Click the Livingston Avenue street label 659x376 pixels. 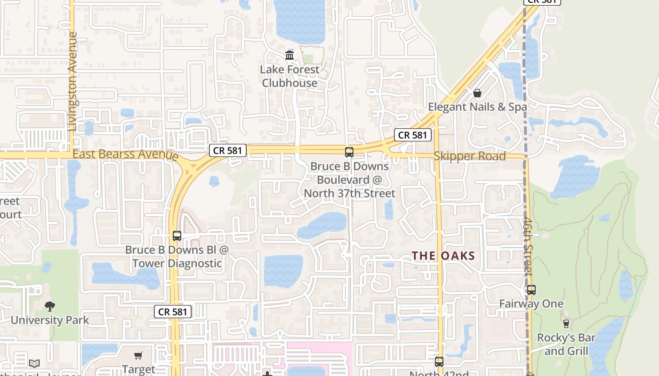click(x=72, y=81)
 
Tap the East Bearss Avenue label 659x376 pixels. click(x=125, y=154)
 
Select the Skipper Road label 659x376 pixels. click(x=470, y=156)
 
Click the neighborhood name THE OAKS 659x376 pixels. click(x=443, y=256)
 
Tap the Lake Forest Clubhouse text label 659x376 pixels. click(x=289, y=76)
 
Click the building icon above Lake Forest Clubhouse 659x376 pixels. click(x=289, y=56)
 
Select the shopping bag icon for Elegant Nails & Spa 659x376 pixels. click(x=477, y=93)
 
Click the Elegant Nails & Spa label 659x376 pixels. click(x=477, y=107)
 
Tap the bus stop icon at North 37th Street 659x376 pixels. click(x=349, y=152)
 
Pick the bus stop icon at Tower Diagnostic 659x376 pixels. click(x=177, y=236)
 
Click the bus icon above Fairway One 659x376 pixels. click(x=531, y=290)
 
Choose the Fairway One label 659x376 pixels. click(x=531, y=304)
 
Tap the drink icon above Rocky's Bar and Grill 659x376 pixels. click(x=566, y=323)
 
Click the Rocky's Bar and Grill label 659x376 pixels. click(x=566, y=344)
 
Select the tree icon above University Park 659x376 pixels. click(x=50, y=306)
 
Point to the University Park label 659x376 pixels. click(x=50, y=321)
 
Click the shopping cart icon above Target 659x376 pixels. click(x=138, y=356)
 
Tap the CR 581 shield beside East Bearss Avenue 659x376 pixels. click(x=228, y=150)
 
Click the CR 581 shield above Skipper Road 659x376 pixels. click(x=413, y=135)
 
